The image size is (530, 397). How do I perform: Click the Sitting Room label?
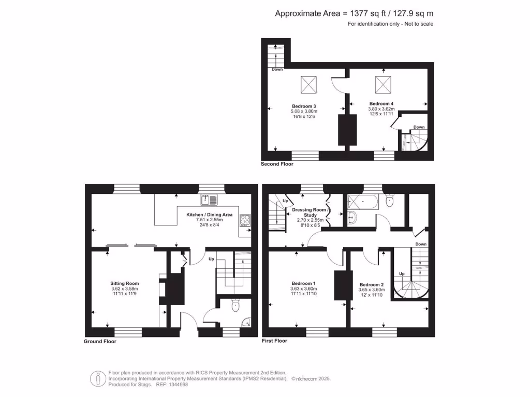125,283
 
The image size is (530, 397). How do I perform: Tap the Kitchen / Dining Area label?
210,215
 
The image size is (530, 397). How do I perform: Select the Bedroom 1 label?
304,283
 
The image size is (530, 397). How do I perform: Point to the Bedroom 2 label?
372,285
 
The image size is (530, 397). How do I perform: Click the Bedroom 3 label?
303,106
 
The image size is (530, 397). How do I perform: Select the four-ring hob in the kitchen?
244,221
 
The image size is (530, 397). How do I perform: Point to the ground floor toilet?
236,306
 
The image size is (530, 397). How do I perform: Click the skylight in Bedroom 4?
383,83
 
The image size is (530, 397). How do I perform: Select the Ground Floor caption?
100,342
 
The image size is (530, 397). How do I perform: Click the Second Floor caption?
277,164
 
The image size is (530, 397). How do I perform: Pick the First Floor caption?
274,341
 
